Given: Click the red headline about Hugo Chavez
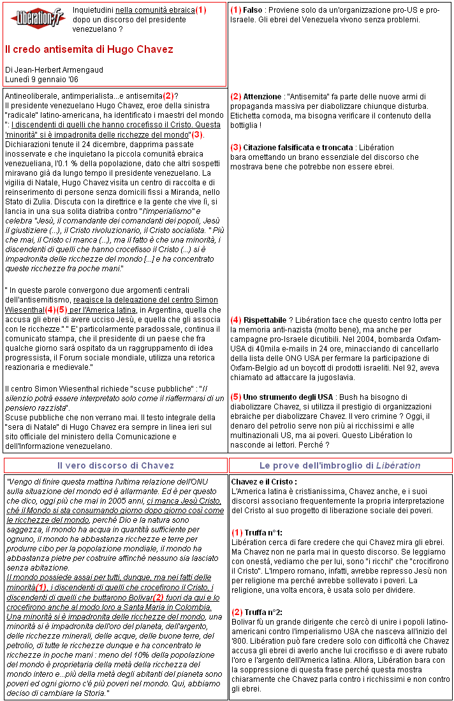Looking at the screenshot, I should click(89, 49).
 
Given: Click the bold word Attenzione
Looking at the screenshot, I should click(261, 96).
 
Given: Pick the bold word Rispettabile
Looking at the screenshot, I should click(265, 319).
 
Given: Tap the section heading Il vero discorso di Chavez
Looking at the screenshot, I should click(115, 465).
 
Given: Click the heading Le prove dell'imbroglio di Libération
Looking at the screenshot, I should click(340, 465).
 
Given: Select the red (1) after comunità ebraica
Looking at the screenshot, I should click(201, 10).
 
